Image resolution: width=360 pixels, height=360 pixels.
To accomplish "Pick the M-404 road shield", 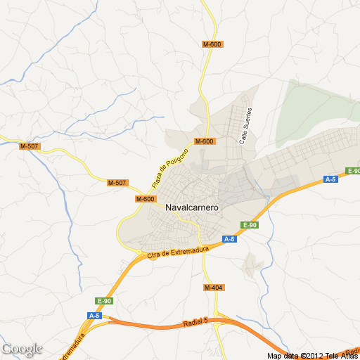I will (x=213, y=288).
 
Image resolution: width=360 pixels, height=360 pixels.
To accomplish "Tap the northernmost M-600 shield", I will (x=212, y=44).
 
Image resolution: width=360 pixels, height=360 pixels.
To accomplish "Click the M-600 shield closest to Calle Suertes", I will (x=205, y=141).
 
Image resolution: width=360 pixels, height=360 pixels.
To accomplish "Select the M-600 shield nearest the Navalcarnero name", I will (x=145, y=199).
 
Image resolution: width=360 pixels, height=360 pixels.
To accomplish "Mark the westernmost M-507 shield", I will (x=30, y=146).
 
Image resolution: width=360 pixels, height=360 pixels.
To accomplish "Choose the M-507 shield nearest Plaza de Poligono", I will (x=117, y=183).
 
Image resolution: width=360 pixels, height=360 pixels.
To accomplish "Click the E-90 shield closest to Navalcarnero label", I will (x=249, y=225).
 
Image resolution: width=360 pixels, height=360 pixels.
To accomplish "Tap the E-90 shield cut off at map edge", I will (x=353, y=171).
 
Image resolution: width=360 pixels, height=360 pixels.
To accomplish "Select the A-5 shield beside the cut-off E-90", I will (x=330, y=179).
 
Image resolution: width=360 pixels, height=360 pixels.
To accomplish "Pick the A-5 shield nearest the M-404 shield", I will (x=229, y=240).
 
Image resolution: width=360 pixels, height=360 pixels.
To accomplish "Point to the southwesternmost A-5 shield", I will (x=94, y=316).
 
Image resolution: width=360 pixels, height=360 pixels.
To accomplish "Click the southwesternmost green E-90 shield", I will (x=104, y=301).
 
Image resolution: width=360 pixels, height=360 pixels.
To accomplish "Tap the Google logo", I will (x=22, y=349).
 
